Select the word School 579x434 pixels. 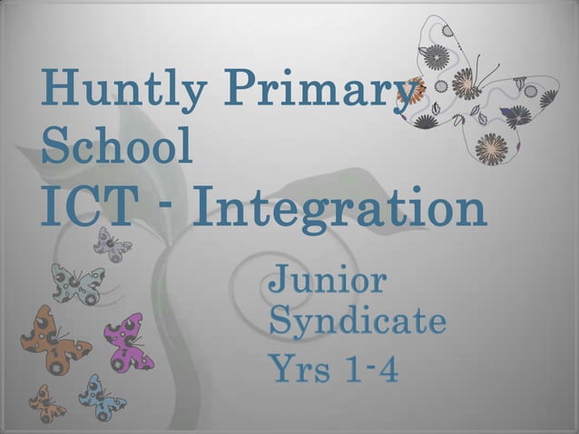117,148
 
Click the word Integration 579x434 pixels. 341,209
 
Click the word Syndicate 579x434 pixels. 358,321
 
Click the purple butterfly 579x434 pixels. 132,341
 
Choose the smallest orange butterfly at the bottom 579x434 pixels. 46,402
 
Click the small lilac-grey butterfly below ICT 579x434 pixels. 113,243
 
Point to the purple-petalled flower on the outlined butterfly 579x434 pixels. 508,113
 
